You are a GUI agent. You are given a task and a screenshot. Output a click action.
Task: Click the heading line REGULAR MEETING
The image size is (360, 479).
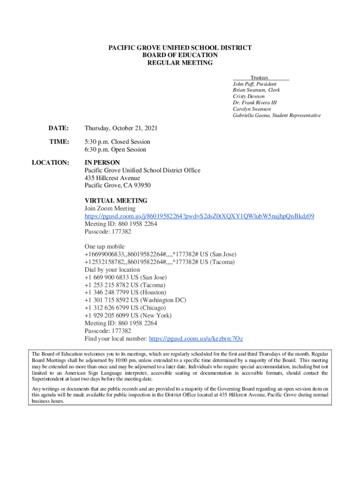(x=180, y=63)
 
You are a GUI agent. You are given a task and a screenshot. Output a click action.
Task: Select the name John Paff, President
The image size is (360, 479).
(x=254, y=84)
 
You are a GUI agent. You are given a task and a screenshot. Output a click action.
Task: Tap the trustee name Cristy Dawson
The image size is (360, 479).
(x=248, y=96)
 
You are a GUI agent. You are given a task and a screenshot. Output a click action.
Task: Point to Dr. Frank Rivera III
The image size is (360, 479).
(x=255, y=102)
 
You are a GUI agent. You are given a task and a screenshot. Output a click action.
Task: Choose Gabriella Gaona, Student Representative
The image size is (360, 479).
(x=277, y=115)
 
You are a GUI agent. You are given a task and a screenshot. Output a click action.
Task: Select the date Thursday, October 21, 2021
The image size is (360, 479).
(x=121, y=128)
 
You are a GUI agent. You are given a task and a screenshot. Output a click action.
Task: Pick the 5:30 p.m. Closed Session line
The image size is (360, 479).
(x=117, y=141)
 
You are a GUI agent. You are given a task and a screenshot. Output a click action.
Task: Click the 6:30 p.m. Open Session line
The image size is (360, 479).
(x=115, y=150)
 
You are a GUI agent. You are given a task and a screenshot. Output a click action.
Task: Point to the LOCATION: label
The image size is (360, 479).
(x=50, y=162)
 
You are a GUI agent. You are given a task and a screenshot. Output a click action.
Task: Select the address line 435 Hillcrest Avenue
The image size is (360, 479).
(x=112, y=178)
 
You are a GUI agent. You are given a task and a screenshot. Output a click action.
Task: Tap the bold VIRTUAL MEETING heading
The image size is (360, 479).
(x=116, y=201)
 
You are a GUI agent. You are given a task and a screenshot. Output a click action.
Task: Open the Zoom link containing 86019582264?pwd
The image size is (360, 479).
(x=199, y=216)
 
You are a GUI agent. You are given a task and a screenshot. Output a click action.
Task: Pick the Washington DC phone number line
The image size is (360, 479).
(x=135, y=300)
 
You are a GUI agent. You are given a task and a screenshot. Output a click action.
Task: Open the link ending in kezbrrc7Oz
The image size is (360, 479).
(x=195, y=338)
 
